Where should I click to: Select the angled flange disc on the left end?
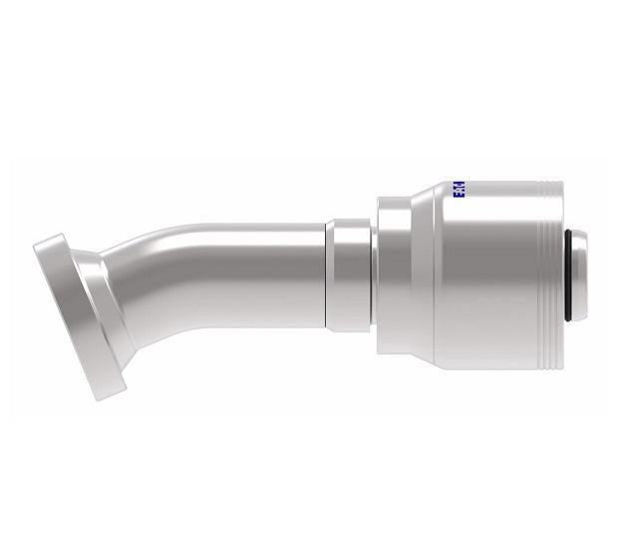coord(70,314)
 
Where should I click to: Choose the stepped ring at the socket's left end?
coord(392,275)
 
